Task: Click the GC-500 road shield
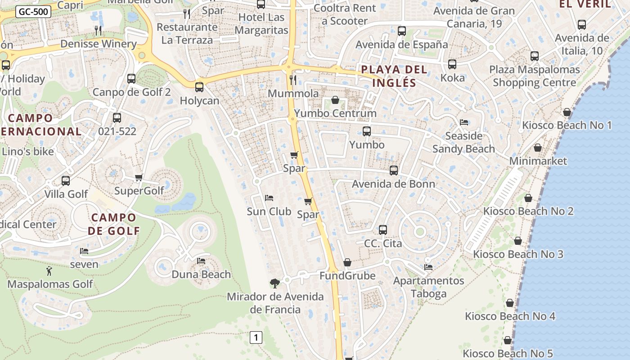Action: [33, 12]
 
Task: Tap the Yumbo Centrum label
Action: [335, 113]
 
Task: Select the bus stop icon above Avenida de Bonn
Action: [394, 171]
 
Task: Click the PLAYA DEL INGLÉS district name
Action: [394, 76]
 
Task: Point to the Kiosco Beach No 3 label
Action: [518, 254]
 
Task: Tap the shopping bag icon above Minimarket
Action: [537, 148]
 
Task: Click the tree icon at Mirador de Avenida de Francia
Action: [274, 283]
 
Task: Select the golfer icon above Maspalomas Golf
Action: [49, 271]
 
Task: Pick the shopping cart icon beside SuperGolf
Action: [139, 178]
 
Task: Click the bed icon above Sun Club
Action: [269, 198]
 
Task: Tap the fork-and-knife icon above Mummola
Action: [293, 80]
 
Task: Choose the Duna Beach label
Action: [201, 274]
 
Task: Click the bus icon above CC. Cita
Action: [383, 230]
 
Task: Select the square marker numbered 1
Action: [256, 337]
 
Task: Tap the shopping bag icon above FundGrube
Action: [347, 262]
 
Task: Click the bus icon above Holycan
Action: [199, 87]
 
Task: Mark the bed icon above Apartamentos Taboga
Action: [428, 267]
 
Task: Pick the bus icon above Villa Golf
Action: [66, 181]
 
